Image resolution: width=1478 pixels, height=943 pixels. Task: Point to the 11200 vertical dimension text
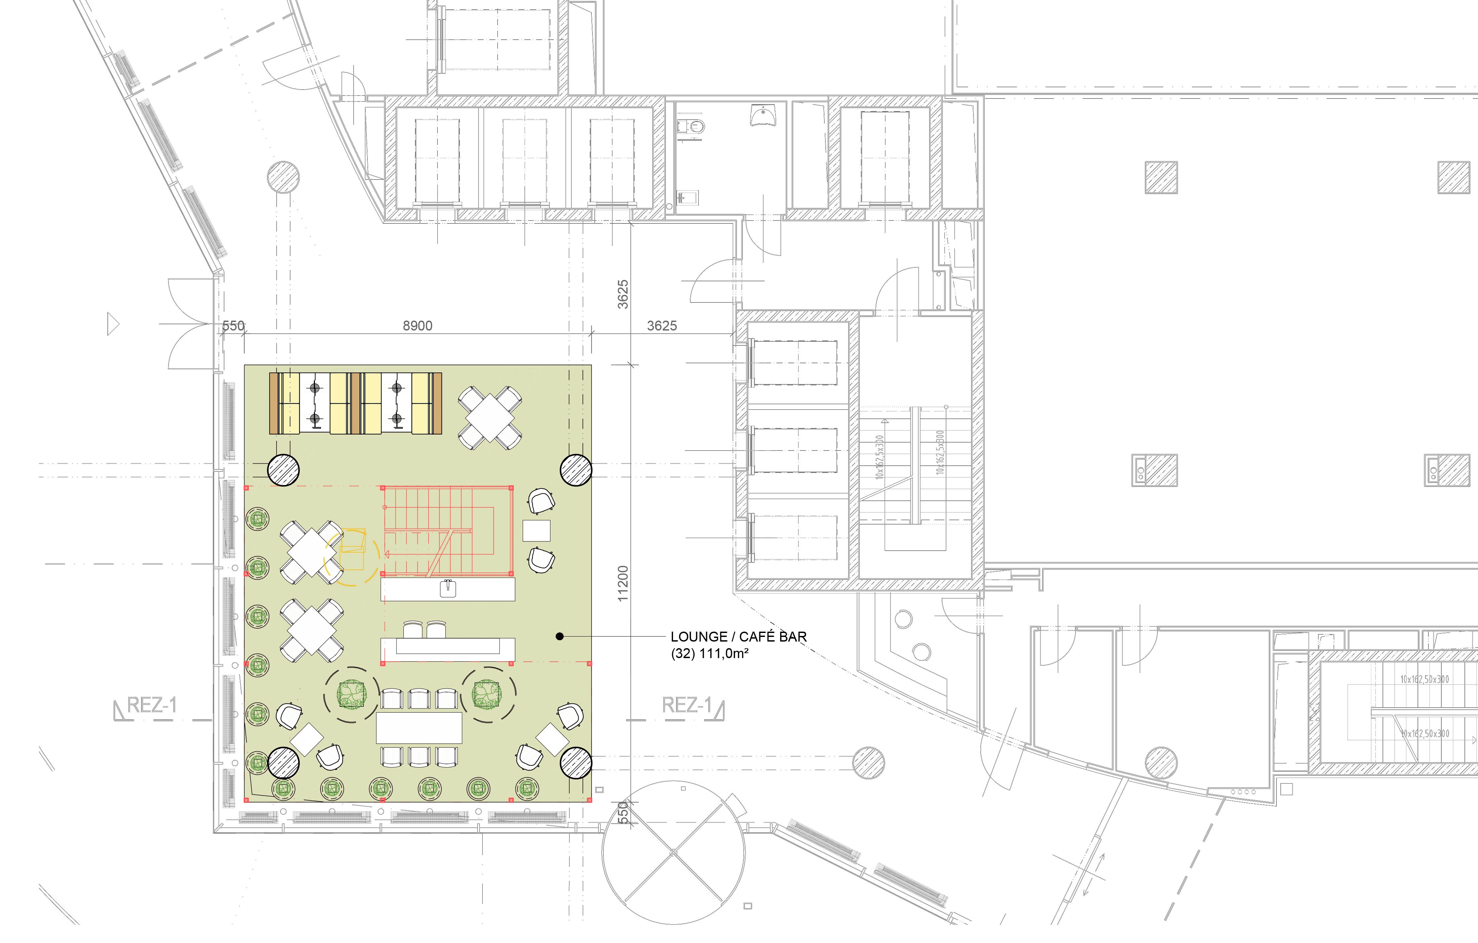point(623,584)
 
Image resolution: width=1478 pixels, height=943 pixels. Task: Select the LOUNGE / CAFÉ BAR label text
point(739,637)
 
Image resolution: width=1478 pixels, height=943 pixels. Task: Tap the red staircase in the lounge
point(447,531)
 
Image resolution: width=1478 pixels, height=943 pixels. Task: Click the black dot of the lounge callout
point(559,637)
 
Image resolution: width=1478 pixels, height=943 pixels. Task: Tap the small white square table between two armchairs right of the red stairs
point(536,530)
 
